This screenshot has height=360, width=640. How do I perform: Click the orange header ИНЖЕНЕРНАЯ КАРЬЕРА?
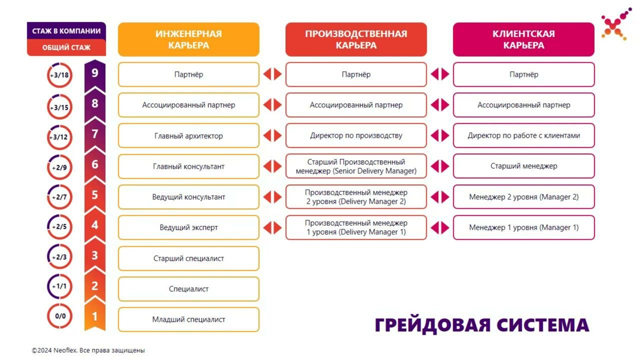click(x=188, y=39)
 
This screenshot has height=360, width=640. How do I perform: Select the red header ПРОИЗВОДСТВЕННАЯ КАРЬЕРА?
click(x=356, y=39)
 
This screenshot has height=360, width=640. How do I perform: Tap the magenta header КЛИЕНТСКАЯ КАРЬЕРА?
click(x=523, y=39)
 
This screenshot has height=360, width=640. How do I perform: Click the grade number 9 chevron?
click(x=95, y=73)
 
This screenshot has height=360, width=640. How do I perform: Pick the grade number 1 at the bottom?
click(x=95, y=316)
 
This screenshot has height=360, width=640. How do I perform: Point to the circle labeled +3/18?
click(x=59, y=75)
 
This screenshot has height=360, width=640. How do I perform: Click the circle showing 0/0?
click(x=59, y=316)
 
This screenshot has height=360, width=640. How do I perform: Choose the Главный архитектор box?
click(x=188, y=135)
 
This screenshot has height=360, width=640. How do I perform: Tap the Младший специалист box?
click(x=188, y=319)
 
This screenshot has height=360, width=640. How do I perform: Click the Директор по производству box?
click(x=356, y=135)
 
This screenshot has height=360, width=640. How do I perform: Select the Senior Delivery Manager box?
click(x=356, y=166)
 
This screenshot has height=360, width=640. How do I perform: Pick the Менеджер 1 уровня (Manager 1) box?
click(x=523, y=227)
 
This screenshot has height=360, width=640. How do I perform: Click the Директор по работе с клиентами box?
click(x=523, y=135)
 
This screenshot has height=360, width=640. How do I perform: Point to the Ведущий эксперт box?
click(x=188, y=227)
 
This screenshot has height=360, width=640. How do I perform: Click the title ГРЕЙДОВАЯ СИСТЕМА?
click(x=482, y=325)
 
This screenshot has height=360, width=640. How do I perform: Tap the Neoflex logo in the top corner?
click(x=616, y=24)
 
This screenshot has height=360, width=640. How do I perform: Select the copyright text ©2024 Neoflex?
click(x=88, y=350)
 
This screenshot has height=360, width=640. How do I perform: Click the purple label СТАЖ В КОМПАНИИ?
click(x=66, y=31)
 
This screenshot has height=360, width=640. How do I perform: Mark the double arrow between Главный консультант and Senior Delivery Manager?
click(x=272, y=166)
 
